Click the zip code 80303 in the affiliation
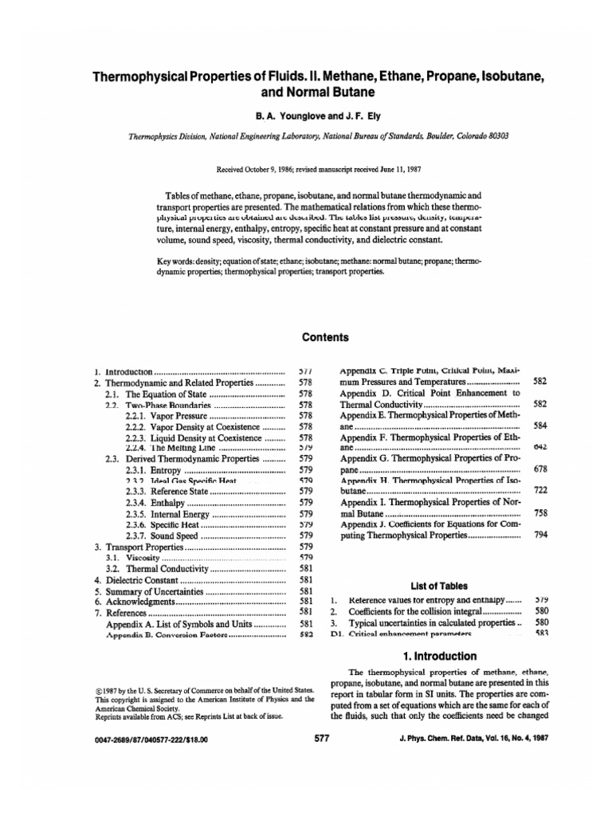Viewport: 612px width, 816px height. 494,136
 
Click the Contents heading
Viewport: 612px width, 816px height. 326,337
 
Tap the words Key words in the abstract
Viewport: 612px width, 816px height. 179,261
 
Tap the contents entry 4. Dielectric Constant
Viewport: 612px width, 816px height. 139,580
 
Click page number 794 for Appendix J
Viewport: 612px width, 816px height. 540,535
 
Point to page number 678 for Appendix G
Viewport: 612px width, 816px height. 540,470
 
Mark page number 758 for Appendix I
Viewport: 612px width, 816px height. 540,514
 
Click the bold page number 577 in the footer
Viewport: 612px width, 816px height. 322,739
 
